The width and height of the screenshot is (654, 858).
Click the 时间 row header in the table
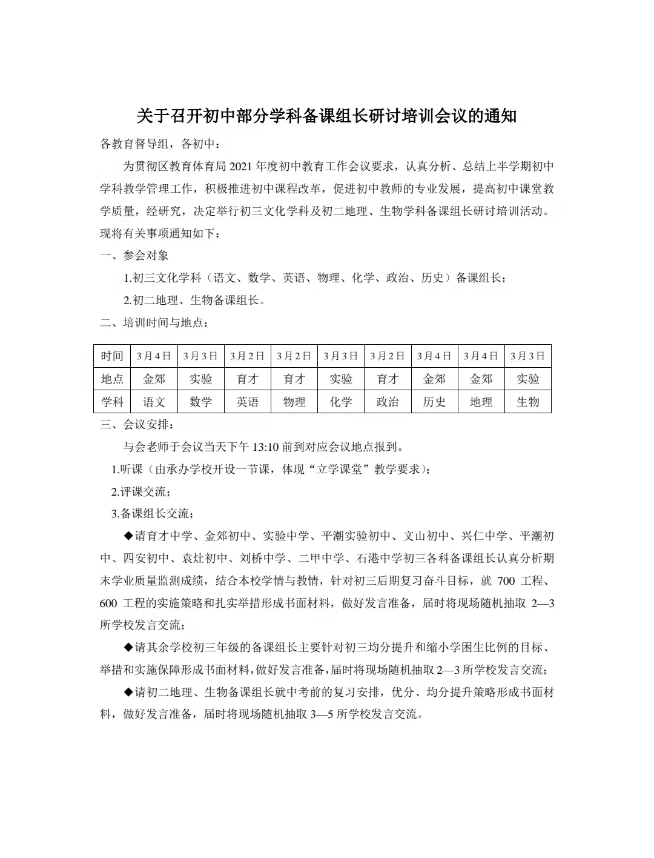pyautogui.click(x=112, y=356)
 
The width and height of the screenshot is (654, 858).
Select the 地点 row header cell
pyautogui.click(x=112, y=379)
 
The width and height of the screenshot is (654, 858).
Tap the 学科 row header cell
pyautogui.click(x=112, y=402)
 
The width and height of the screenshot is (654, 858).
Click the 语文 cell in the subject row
pyautogui.click(x=154, y=402)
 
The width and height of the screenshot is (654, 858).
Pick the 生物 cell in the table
pyautogui.click(x=527, y=402)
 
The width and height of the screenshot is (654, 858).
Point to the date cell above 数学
pyautogui.click(x=200, y=356)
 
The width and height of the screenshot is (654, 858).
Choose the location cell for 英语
pyautogui.click(x=247, y=379)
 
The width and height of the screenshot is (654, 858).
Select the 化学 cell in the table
pyautogui.click(x=341, y=402)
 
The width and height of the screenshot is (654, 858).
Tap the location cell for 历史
pyautogui.click(x=434, y=379)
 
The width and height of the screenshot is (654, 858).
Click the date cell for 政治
pyautogui.click(x=388, y=356)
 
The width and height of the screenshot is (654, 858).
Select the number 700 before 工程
pyautogui.click(x=506, y=581)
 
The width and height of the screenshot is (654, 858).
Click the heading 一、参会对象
pyautogui.click(x=134, y=256)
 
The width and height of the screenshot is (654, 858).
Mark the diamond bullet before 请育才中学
pyautogui.click(x=128, y=536)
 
